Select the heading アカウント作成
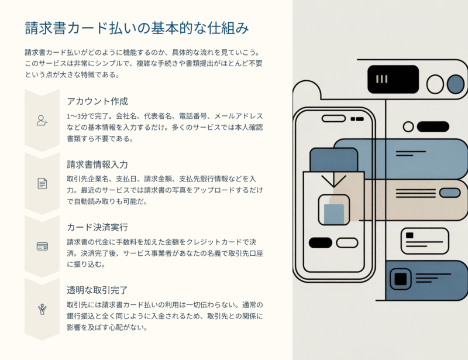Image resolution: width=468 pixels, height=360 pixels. click(x=97, y=101)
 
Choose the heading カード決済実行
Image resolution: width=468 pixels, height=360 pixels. click(x=97, y=227)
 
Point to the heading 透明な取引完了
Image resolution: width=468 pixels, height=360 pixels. click(x=97, y=289)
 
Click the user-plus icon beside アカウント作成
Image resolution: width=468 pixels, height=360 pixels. click(x=42, y=121)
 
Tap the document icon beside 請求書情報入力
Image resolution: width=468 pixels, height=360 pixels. click(x=42, y=183)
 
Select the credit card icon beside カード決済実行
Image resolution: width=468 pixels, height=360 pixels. click(x=42, y=246)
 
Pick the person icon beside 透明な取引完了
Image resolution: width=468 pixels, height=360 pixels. click(x=42, y=308)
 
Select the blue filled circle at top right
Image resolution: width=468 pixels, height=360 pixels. click(x=455, y=84)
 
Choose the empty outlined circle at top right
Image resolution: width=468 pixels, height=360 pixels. click(x=435, y=84)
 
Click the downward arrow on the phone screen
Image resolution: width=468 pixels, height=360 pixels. click(x=333, y=179)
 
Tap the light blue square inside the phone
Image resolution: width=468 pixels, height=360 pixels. click(x=334, y=214)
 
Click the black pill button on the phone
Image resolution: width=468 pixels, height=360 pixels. click(x=320, y=242)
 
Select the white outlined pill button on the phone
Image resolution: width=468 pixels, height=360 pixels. click(x=347, y=242)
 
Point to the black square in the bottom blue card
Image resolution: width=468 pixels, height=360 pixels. click(x=400, y=279)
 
